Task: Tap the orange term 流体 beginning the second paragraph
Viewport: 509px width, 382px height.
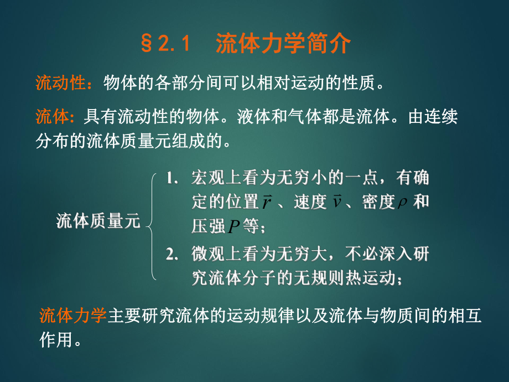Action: [50, 117]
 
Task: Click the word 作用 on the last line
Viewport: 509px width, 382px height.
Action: [56, 339]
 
